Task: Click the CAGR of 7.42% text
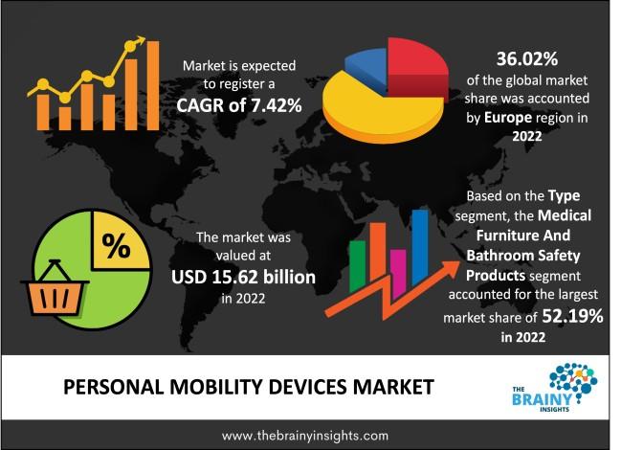tap(240, 105)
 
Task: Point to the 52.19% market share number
tap(571, 317)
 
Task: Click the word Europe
tap(513, 118)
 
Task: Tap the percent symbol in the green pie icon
tap(117, 247)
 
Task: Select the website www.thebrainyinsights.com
tap(305, 434)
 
